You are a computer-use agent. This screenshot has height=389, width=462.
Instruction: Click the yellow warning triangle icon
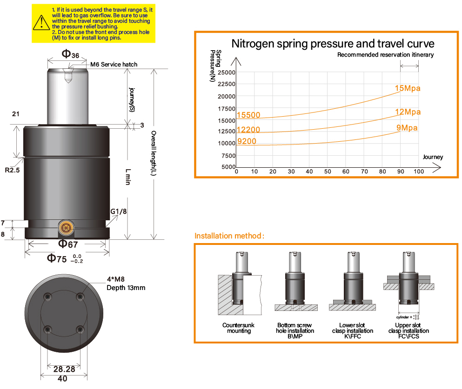click(41, 23)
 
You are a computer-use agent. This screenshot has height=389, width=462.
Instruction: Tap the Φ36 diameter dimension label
click(70, 54)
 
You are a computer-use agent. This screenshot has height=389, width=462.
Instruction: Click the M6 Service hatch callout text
click(114, 65)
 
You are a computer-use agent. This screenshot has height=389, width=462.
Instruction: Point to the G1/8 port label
click(119, 211)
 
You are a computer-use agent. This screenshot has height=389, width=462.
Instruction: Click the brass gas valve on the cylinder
click(66, 227)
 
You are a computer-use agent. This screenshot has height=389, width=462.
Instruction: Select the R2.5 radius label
click(13, 170)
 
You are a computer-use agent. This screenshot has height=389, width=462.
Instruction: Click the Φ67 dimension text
click(68, 244)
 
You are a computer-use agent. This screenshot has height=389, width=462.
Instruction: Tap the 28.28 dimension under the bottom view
click(64, 369)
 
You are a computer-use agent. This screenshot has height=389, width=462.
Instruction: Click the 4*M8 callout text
click(115, 279)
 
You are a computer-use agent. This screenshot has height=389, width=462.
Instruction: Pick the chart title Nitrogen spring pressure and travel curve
click(333, 44)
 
